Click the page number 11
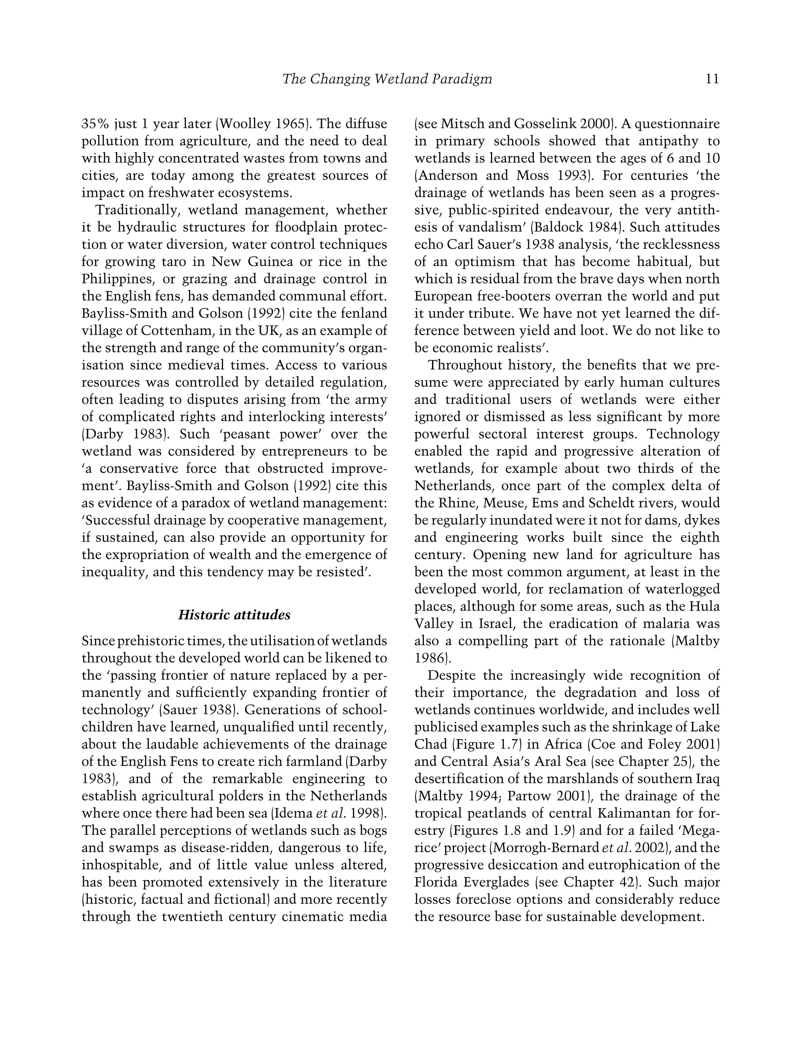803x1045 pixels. [x=712, y=79]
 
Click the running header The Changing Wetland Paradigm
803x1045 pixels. [x=387, y=79]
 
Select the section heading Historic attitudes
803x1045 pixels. [x=234, y=615]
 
